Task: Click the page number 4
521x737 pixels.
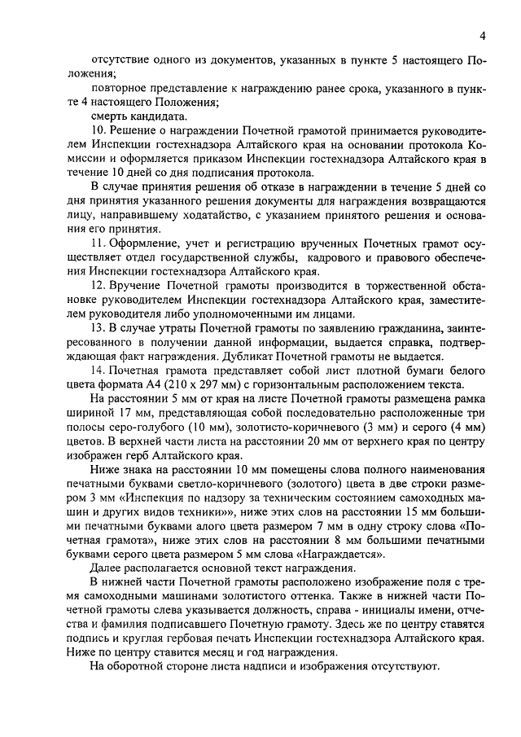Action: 483,36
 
